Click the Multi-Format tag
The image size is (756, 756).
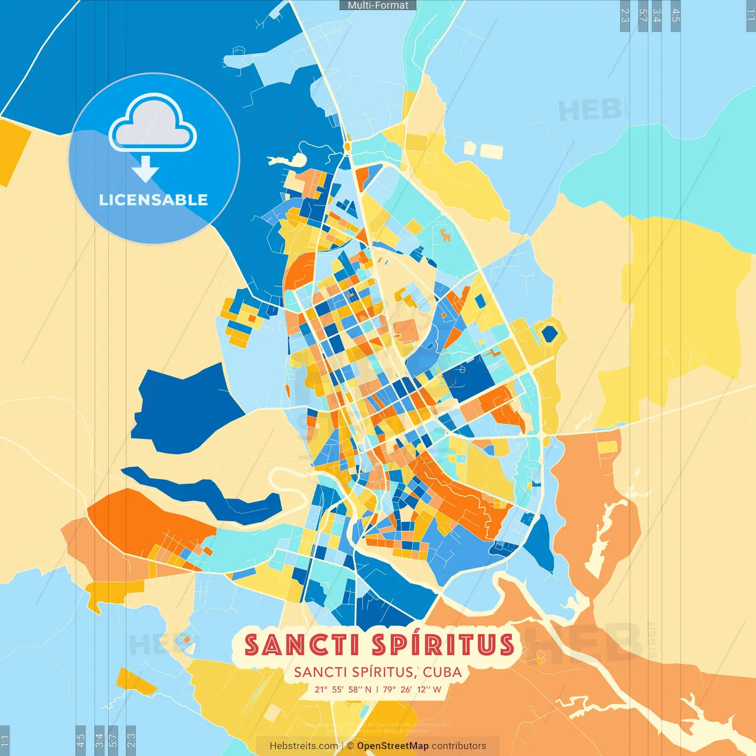pos(378,5)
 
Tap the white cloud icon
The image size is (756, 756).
pos(153,125)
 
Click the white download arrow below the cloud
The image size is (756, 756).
pos(145,169)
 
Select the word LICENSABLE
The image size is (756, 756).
pos(154,200)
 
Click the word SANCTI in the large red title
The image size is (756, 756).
pos(302,645)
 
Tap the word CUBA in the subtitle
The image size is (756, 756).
pos(442,672)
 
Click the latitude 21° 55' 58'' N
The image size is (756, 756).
pos(343,689)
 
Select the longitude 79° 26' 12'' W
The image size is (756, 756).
pos(412,689)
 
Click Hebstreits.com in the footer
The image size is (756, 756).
pos(304,746)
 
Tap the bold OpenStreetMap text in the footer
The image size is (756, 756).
pos(393,746)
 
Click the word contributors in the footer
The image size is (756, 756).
pos(459,746)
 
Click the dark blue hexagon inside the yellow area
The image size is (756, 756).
pos(549,334)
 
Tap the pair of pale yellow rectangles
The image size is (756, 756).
pos(484,150)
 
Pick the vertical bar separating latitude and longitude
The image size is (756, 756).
pos(377,689)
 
